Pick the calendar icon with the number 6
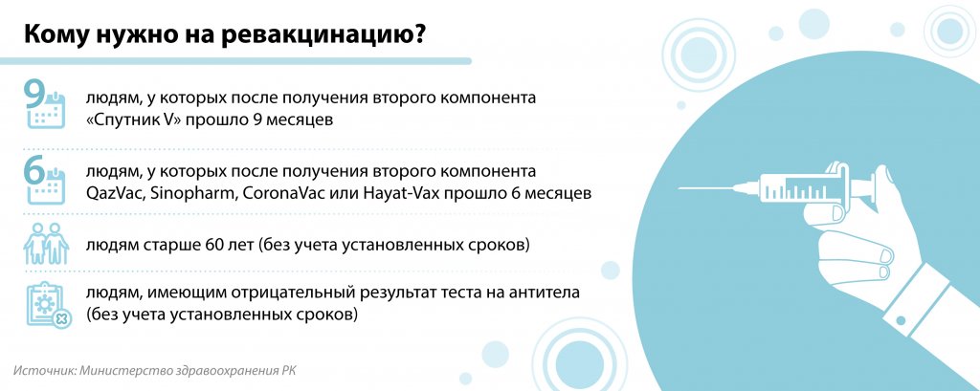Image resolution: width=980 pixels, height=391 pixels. pyautogui.click(x=44, y=180)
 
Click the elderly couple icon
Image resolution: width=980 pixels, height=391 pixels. pyautogui.click(x=46, y=244)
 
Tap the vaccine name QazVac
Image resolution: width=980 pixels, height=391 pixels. pyautogui.click(x=118, y=194)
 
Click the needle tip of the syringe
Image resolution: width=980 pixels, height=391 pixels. pyautogui.click(x=679, y=188)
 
